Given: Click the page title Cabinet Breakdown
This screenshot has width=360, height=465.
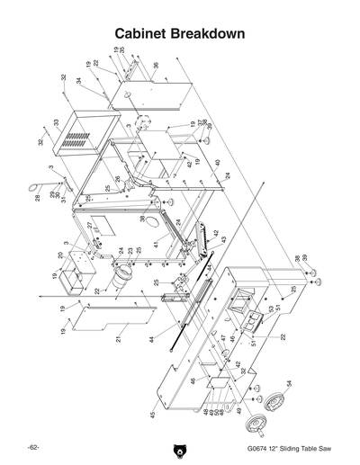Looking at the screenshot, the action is coord(180,33).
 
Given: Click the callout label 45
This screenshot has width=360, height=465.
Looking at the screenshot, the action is coord(153,415).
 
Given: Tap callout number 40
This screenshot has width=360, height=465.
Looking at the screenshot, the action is coord(217,163).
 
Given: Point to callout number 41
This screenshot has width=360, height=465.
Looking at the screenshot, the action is coord(155,244).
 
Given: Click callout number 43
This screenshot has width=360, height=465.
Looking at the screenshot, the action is coord(223,240).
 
